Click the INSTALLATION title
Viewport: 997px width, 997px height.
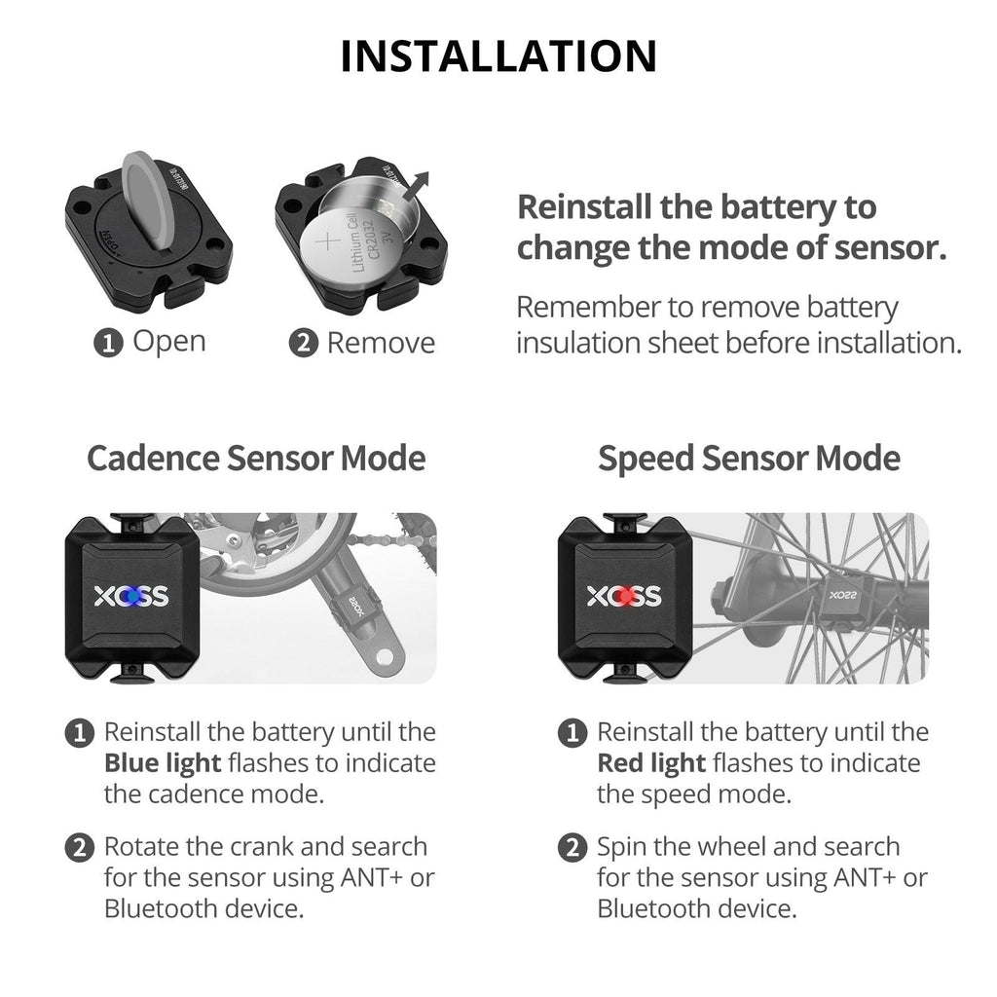[498, 56]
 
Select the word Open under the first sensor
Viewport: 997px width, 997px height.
[168, 342]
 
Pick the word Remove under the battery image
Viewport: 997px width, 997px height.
[381, 343]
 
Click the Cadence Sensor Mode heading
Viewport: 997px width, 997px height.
[256, 458]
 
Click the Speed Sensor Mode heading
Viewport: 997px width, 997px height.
[749, 458]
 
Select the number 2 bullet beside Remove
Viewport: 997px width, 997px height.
[304, 344]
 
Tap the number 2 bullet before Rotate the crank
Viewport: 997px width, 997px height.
[78, 847]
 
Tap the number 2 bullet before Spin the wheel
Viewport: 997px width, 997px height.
[572, 847]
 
